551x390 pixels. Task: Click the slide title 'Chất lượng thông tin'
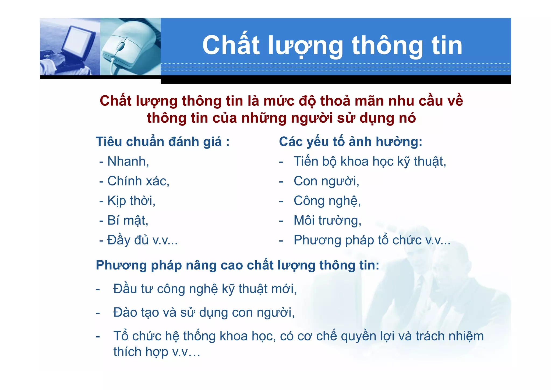pos(332,46)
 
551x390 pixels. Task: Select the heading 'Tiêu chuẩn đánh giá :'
pos(163,142)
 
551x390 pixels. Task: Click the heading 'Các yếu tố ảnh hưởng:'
pos(350,142)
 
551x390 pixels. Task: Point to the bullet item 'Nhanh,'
pos(128,161)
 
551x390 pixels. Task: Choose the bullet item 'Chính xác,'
pos(138,181)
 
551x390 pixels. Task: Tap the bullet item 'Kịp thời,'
pos(131,201)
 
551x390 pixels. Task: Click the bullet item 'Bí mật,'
pos(128,220)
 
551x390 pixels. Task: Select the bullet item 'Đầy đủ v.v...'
pos(142,240)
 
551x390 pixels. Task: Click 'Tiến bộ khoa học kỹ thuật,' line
pos(370,161)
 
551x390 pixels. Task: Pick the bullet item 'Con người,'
pos(326,181)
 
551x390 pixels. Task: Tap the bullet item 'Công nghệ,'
pos(327,201)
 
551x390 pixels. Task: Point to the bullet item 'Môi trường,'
pos(327,220)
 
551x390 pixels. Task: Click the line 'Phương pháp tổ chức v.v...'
pos(372,240)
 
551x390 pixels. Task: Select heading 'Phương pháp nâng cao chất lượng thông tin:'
pos(237,265)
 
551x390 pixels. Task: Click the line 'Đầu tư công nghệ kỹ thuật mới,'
pos(205,289)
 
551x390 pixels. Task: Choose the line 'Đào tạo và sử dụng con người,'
pos(204,313)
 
